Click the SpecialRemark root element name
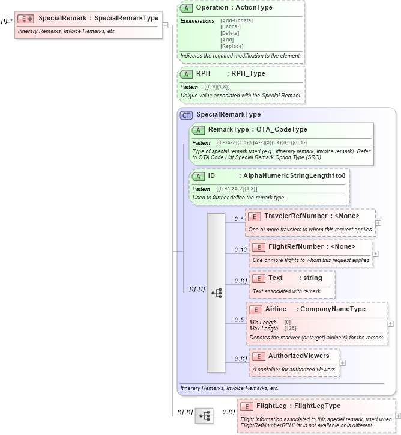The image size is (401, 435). (x=63, y=18)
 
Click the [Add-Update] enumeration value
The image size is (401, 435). (x=237, y=20)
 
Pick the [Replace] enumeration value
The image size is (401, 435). (x=232, y=46)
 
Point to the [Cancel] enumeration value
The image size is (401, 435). (x=231, y=27)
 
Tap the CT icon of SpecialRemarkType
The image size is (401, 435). (x=187, y=115)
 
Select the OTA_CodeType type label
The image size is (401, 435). (x=282, y=129)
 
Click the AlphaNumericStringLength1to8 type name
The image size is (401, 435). (x=295, y=176)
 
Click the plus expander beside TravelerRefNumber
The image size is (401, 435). (x=378, y=222)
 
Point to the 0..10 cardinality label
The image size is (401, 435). (x=240, y=249)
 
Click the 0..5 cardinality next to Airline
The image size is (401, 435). (x=239, y=320)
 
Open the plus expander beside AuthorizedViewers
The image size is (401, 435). (x=343, y=362)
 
